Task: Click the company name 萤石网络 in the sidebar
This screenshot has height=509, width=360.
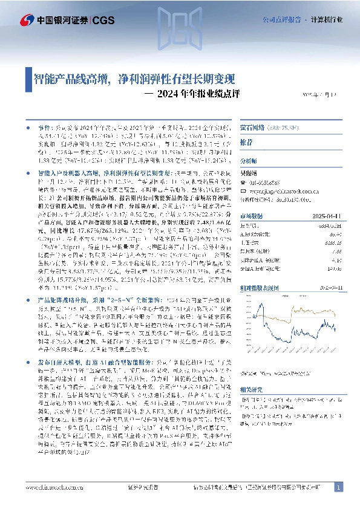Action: (x=272, y=128)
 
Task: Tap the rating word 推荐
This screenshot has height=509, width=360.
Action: (x=264, y=141)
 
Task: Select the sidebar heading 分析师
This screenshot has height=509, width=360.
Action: (x=266, y=161)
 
